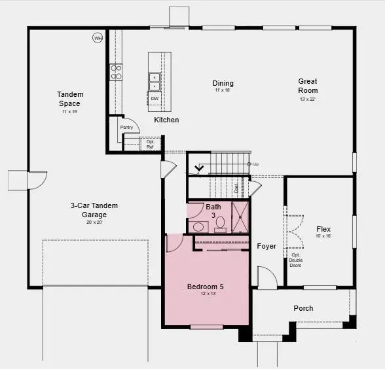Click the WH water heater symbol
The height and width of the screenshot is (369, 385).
pyautogui.click(x=98, y=38)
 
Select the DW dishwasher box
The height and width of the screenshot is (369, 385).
pyautogui.click(x=155, y=99)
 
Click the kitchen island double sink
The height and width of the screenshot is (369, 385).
pyautogui.click(x=155, y=81)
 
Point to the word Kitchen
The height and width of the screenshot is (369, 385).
pyautogui.click(x=166, y=120)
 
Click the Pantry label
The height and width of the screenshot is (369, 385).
pyautogui.click(x=126, y=127)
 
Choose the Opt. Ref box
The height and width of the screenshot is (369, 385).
pyautogui.click(x=150, y=144)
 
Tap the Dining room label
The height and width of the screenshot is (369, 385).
pyautogui.click(x=223, y=84)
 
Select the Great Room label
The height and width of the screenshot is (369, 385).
pyautogui.click(x=308, y=86)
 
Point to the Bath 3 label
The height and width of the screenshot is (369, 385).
pyautogui.click(x=213, y=211)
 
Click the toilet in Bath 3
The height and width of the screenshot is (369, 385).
pyautogui.click(x=221, y=224)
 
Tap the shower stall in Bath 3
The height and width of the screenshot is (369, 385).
pyautogui.click(x=240, y=217)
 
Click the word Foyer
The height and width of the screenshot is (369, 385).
pyautogui.click(x=266, y=247)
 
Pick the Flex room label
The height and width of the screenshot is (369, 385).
pyautogui.click(x=323, y=229)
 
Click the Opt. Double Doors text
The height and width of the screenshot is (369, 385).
pyautogui.click(x=296, y=260)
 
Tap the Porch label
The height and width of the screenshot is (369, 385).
pyautogui.click(x=303, y=308)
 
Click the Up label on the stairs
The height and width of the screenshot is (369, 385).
pyautogui.click(x=255, y=164)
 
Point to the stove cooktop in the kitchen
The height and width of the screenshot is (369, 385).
pyautogui.click(x=116, y=72)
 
